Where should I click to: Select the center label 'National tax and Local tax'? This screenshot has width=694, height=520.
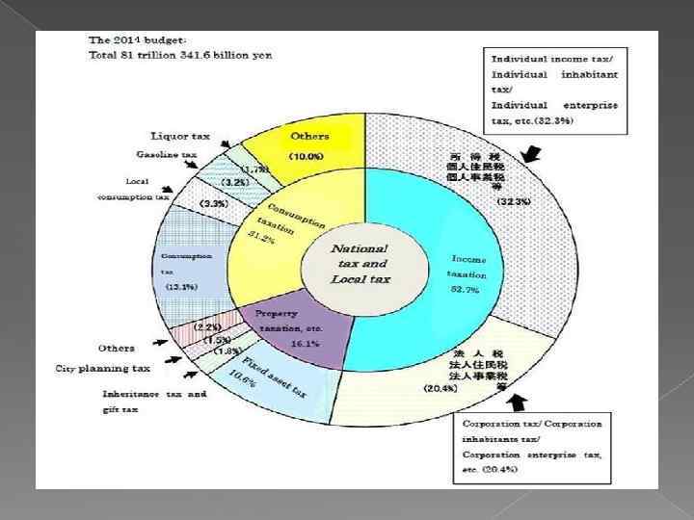[360, 263]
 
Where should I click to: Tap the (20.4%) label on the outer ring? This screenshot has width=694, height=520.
[441, 387]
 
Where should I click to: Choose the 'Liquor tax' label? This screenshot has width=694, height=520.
[180, 136]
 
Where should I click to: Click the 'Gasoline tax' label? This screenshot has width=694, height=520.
[166, 154]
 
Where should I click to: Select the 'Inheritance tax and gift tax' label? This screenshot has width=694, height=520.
[154, 402]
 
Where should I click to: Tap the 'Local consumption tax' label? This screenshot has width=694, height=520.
[133, 189]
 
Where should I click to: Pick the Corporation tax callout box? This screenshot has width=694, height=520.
[531, 446]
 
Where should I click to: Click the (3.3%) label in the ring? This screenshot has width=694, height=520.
[213, 204]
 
